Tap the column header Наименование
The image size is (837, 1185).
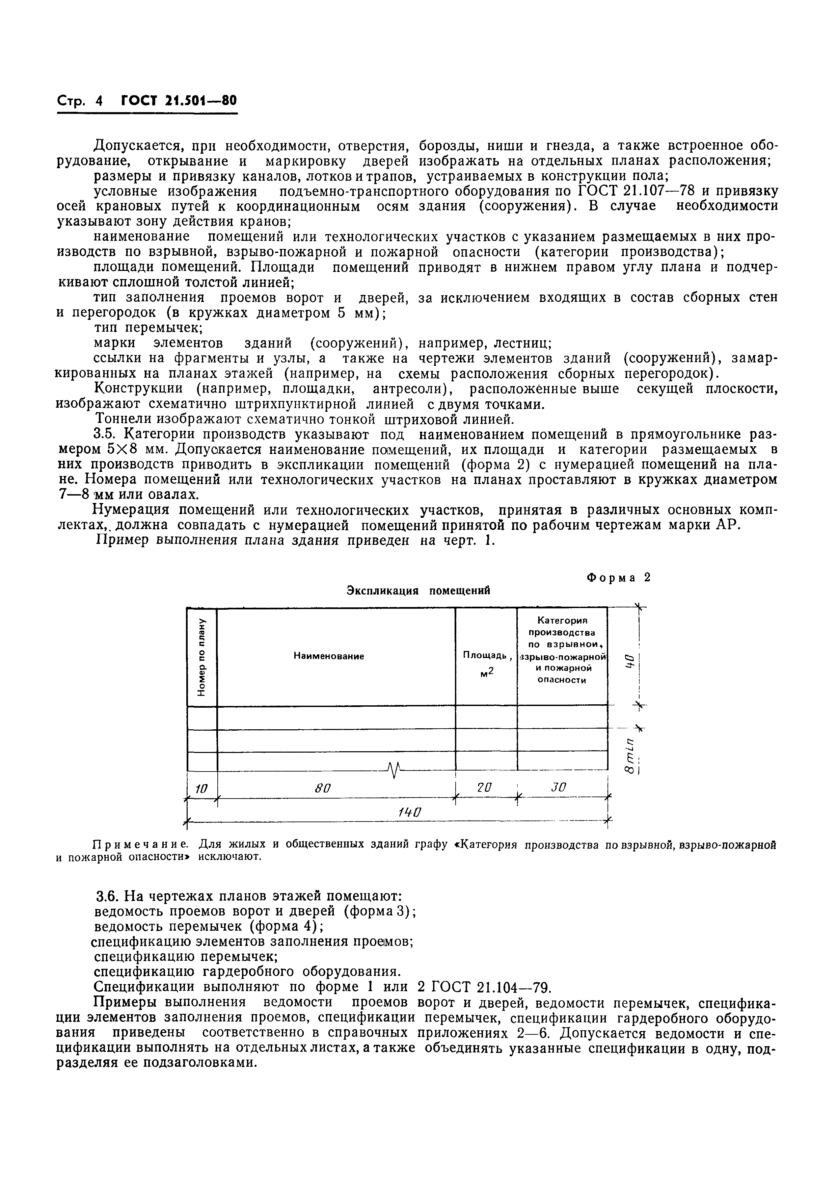(x=329, y=656)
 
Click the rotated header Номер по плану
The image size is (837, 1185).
(x=201, y=656)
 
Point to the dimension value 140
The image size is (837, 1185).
(x=410, y=812)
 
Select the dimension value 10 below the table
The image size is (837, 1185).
(x=201, y=788)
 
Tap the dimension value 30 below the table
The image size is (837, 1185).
(x=559, y=787)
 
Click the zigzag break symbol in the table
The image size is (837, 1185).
(x=394, y=771)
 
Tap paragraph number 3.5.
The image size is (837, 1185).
(x=107, y=434)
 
